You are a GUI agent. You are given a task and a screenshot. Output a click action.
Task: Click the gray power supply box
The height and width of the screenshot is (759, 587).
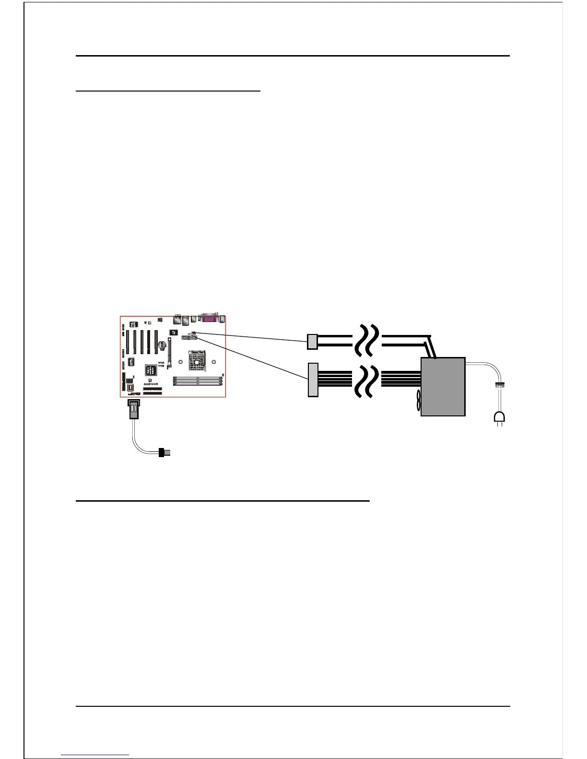point(443,387)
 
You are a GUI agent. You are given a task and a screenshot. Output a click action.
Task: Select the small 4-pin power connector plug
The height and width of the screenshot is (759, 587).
point(312,341)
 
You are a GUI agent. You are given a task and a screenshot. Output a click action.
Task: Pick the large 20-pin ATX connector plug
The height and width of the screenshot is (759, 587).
point(313,379)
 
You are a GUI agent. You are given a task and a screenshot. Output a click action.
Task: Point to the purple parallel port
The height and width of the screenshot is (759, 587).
point(210,319)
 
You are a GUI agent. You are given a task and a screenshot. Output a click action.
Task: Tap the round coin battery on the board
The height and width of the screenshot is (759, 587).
point(163,345)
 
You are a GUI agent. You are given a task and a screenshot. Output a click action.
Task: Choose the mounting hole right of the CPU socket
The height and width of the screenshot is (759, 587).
point(213,362)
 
